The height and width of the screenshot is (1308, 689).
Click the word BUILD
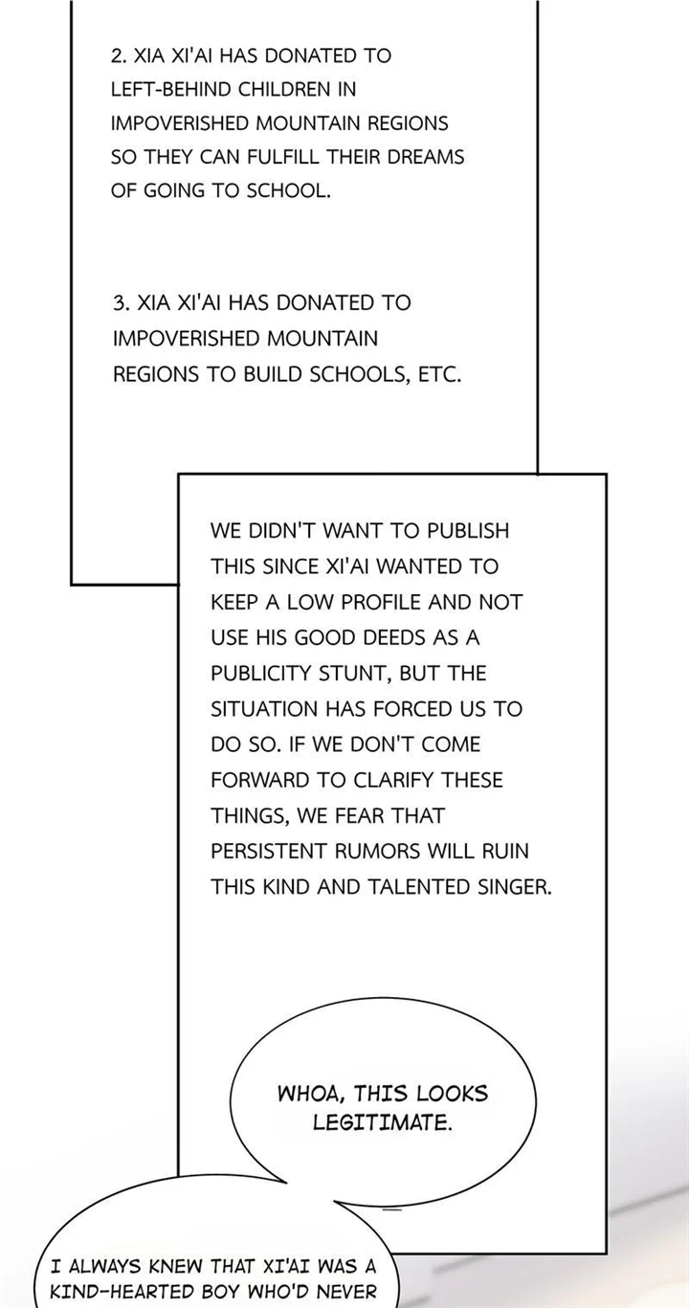coord(274,374)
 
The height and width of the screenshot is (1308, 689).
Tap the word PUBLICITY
coord(261,673)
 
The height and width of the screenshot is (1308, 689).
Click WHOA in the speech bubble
coord(309,1094)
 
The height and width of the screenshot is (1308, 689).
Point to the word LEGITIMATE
coord(383,1122)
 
